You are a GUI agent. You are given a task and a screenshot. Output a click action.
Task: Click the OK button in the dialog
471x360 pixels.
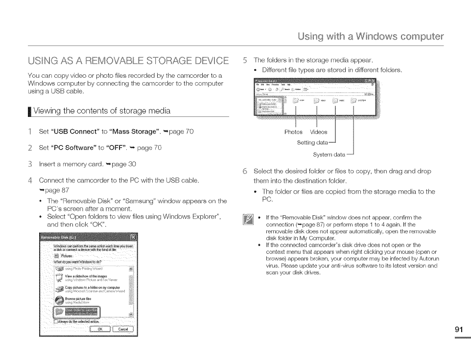tap(100, 329)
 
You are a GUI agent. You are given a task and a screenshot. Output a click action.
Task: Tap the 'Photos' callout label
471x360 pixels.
tap(294, 132)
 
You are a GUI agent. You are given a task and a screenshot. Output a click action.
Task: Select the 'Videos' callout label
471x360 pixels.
tap(319, 132)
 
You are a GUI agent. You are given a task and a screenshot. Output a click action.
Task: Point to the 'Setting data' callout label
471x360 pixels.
tap(312, 143)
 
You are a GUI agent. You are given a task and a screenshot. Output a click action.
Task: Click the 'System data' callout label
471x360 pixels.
tap(329, 155)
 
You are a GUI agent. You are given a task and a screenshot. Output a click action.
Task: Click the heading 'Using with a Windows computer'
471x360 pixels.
tap(372, 37)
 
